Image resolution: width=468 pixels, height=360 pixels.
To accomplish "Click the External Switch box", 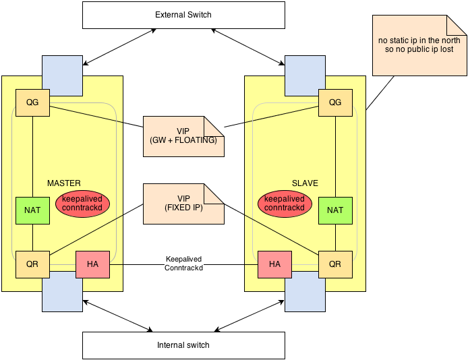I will (x=182, y=15).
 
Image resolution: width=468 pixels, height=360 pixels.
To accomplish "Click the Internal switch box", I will (x=182, y=344).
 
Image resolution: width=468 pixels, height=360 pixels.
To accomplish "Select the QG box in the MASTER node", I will (x=32, y=102).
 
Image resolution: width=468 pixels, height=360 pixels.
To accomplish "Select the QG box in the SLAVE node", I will (x=334, y=102).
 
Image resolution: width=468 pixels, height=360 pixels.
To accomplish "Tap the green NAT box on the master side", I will (x=32, y=210).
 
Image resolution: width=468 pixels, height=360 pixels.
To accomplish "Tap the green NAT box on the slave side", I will (x=334, y=210).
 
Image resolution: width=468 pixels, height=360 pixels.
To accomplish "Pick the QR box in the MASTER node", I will (x=32, y=264).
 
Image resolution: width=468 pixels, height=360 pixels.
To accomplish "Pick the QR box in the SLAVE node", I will (x=334, y=264).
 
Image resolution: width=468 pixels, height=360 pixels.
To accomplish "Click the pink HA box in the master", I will (x=93, y=264).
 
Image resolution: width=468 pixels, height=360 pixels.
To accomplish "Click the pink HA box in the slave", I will (x=274, y=264).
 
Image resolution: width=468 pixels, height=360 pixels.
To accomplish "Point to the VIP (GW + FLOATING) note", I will (x=183, y=136).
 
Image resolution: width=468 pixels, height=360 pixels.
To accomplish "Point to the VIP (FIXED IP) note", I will (x=183, y=204).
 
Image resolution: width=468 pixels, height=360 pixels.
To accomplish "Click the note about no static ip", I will (x=419, y=46).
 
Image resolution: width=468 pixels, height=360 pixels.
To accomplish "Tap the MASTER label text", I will (x=64, y=183).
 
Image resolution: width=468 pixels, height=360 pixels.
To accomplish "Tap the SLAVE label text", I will (x=305, y=183).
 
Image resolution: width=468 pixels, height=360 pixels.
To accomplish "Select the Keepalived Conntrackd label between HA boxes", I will (x=183, y=263).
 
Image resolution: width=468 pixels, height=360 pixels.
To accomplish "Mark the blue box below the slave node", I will (x=305, y=292).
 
